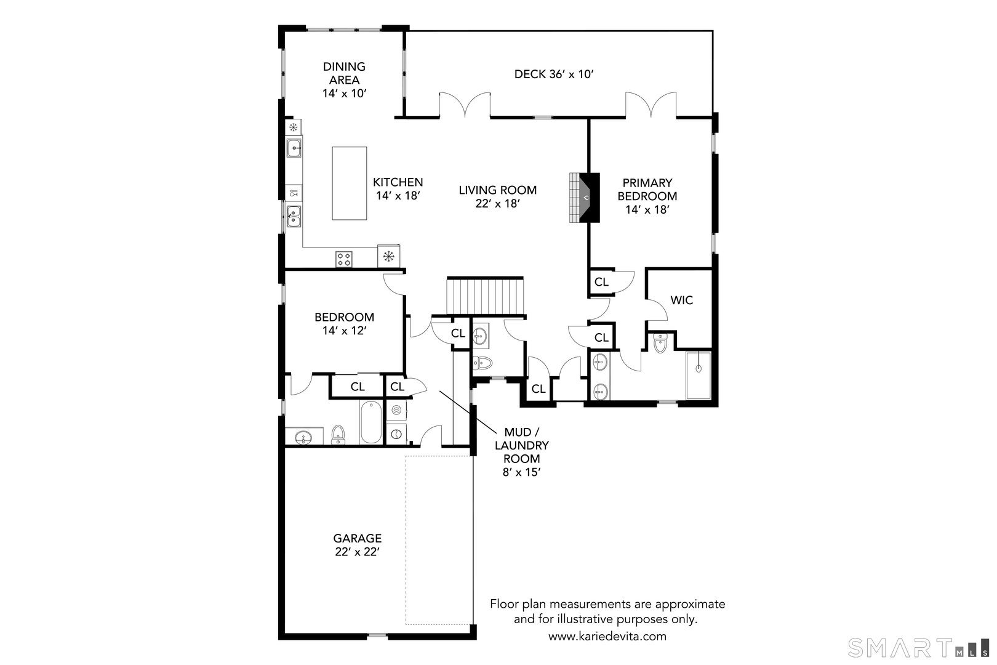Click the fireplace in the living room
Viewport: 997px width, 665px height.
585,197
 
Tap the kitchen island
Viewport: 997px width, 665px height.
349,183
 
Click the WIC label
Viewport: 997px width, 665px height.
681,300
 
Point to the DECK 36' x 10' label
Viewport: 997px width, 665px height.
553,75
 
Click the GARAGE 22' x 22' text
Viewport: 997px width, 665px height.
358,545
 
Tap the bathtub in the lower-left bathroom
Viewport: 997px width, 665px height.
370,422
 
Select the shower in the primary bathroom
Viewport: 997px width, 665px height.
699,375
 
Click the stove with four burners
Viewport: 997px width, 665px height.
344,259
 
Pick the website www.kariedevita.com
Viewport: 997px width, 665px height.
607,637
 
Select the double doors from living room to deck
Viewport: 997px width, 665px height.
465,105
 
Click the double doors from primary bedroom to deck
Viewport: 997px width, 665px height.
651,105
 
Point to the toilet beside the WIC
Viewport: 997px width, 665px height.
660,343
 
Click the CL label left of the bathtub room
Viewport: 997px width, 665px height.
358,387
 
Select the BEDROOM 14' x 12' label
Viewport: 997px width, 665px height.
344,324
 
